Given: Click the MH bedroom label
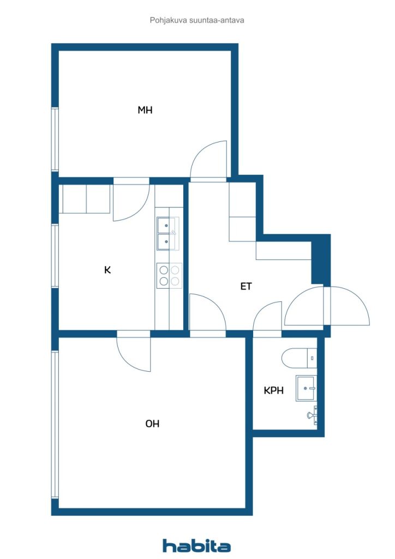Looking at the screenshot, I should (145, 110).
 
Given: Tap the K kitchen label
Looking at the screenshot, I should (107, 270).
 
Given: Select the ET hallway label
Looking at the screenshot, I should (246, 286).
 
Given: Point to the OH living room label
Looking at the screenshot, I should (152, 423).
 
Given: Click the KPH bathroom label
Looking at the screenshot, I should (273, 390).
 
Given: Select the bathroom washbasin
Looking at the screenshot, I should (306, 388).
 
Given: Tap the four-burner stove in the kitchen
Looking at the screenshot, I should (169, 275).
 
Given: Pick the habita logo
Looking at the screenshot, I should (196, 545).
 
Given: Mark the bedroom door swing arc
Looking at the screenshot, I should (210, 159).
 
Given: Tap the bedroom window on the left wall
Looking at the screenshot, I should (55, 139).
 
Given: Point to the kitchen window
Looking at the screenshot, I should (55, 255).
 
